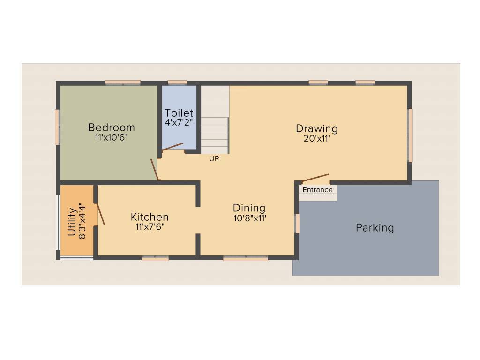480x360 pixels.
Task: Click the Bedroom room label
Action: (x=111, y=127)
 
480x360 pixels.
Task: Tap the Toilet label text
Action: (x=179, y=113)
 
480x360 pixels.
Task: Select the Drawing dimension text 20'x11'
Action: (x=316, y=138)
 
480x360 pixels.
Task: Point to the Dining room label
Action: (x=249, y=208)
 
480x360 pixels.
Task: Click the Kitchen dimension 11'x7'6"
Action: (x=149, y=227)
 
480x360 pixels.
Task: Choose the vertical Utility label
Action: (x=72, y=222)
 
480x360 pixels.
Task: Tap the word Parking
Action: (x=375, y=228)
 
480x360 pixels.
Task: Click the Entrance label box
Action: (x=317, y=190)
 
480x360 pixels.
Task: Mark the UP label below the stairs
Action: (x=214, y=159)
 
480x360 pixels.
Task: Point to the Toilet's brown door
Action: (x=172, y=147)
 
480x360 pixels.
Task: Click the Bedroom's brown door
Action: (x=155, y=170)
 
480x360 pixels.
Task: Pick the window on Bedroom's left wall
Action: (x=57, y=127)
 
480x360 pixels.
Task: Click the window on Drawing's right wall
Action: (x=410, y=135)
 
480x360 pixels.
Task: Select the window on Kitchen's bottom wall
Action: (x=155, y=258)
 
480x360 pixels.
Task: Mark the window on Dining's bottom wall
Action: (x=245, y=258)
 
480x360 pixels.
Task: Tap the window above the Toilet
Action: (x=177, y=82)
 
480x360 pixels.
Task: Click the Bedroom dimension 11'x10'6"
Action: (x=111, y=137)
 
